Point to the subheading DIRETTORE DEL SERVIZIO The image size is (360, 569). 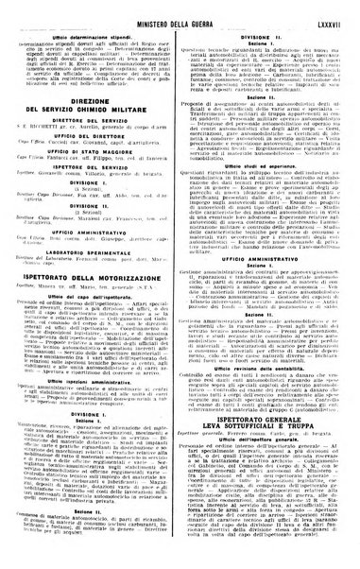click(93, 127)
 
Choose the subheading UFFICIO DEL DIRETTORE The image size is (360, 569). click(93, 143)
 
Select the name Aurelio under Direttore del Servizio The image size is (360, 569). click(85, 134)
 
